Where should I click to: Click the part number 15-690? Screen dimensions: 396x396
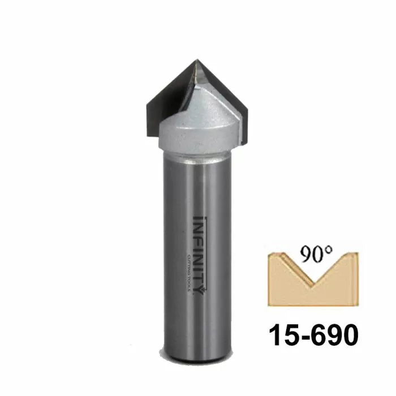(x=312, y=335)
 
